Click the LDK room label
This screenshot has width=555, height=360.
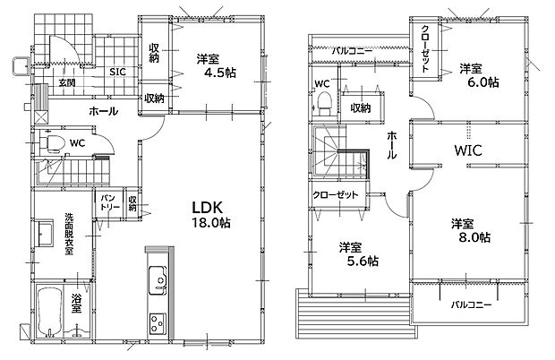pos(207,208)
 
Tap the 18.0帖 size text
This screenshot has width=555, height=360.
pos(211,223)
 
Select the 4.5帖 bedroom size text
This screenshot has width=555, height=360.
pos(220,73)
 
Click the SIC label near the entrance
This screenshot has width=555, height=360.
pos(117,72)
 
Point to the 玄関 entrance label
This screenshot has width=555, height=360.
pos(67,83)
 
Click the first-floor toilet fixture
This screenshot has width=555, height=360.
pos(52,143)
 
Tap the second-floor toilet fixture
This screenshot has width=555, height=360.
pos(323,103)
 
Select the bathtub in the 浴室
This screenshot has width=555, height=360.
pos(49,313)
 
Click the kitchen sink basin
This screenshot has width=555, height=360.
pos(158,280)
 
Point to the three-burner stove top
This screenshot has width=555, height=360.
pos(158,324)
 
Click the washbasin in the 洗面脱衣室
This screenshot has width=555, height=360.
pos(45,234)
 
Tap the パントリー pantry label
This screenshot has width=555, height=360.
pos(109,202)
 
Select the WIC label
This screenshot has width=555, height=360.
pos(468,150)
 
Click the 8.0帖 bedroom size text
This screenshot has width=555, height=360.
pos(474,237)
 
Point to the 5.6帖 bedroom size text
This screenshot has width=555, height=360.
pos(363,261)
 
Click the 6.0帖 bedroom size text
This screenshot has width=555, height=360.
pos(483,82)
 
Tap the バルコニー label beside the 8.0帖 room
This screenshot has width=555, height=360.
pos(471,304)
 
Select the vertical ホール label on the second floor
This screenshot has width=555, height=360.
pos(391,145)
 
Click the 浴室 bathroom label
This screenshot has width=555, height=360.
pos(76,303)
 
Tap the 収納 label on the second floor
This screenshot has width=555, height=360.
pos(361,108)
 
